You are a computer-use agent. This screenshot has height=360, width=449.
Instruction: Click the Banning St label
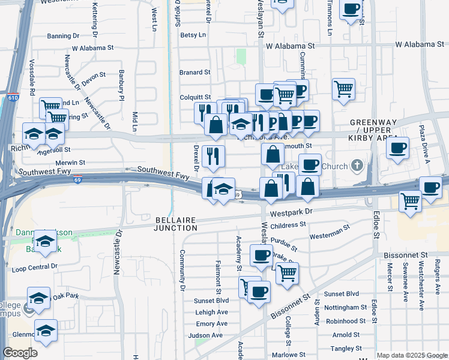pos(59,36)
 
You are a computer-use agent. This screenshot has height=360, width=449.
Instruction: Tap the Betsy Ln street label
pos(193,35)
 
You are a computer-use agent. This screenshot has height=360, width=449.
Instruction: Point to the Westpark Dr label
pos(291,212)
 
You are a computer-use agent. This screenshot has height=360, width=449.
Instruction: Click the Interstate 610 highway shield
pos(13,97)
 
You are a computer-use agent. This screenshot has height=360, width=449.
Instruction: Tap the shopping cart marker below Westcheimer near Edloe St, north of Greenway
pos(343,89)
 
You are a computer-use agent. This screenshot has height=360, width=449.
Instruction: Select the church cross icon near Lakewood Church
pos(357,165)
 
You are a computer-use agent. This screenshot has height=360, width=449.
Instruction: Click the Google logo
pos(20,353)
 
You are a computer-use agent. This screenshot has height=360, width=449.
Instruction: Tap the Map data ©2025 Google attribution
pos(411,355)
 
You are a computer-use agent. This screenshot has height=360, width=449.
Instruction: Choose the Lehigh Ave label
pos(211,312)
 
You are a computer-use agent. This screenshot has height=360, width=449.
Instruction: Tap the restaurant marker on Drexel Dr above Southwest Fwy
pos(213,157)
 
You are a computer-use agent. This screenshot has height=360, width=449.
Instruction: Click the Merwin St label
pos(69,162)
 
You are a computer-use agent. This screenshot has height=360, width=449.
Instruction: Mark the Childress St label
pos(288,226)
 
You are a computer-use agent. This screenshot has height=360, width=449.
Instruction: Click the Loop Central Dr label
pos(35,266)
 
